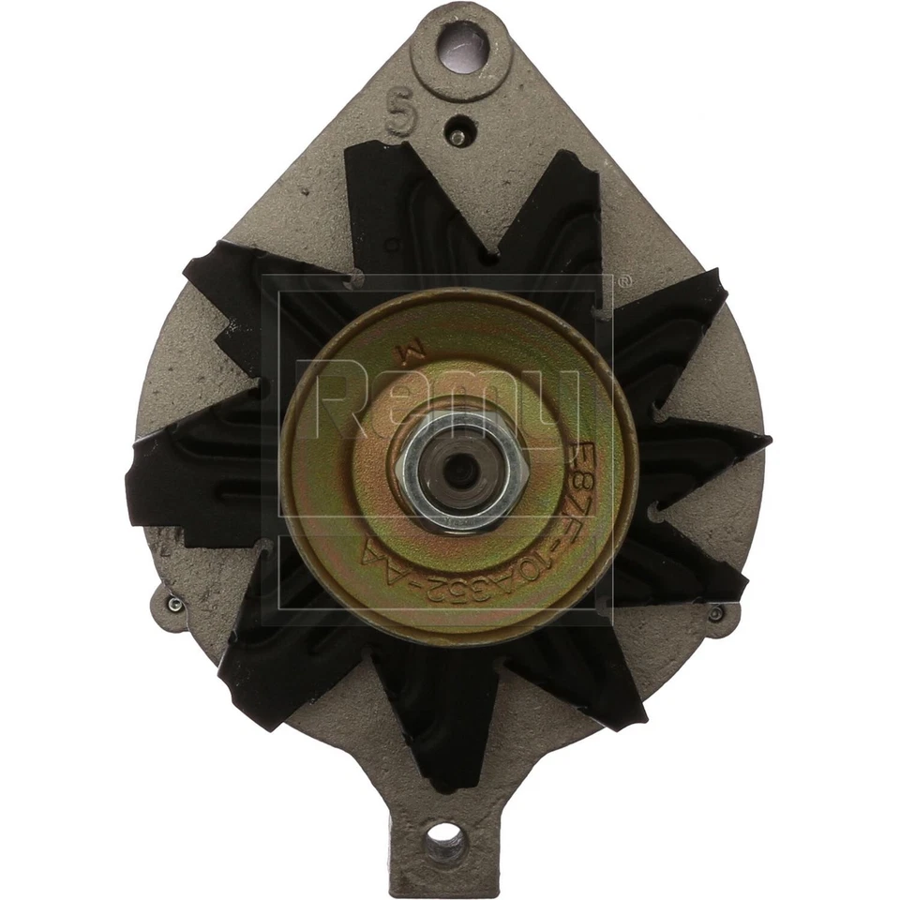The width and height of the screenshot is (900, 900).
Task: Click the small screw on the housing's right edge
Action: click(x=716, y=613)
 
